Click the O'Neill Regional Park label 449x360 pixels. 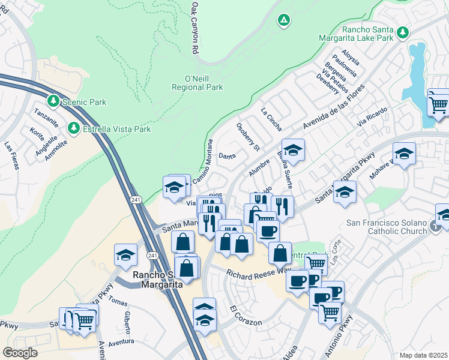coord(204,83)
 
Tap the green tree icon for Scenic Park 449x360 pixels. coord(54,101)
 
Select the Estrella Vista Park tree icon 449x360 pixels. coord(73,128)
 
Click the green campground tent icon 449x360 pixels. coord(283,20)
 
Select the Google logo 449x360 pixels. coord(20,352)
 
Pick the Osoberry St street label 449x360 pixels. coord(247,137)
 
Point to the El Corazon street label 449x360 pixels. coord(246,317)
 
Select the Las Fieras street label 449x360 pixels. coord(10,154)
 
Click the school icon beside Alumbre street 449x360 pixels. coord(292,150)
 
